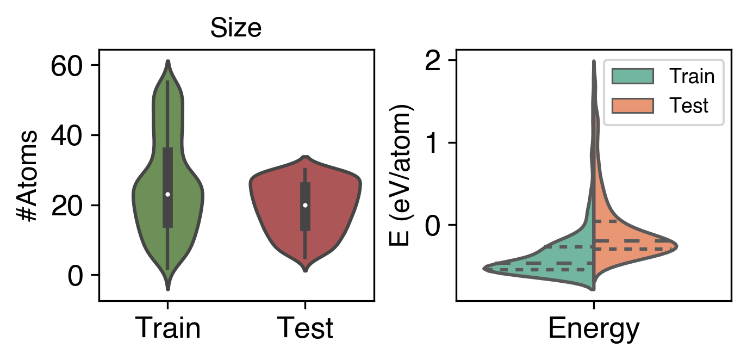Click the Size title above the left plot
pos(236,29)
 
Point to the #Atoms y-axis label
pos(27,175)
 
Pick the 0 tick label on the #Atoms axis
pos(77,276)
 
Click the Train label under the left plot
pos(167,328)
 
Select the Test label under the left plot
pos(305,328)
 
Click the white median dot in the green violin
pos(168,194)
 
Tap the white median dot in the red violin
pos(305,205)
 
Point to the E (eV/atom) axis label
pos(402,175)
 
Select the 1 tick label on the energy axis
pos(435,143)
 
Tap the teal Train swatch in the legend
pos(632,77)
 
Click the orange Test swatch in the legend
pos(632,105)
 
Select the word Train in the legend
pos(692,77)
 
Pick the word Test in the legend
pos(688,105)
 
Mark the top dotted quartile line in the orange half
pos(606,221)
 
